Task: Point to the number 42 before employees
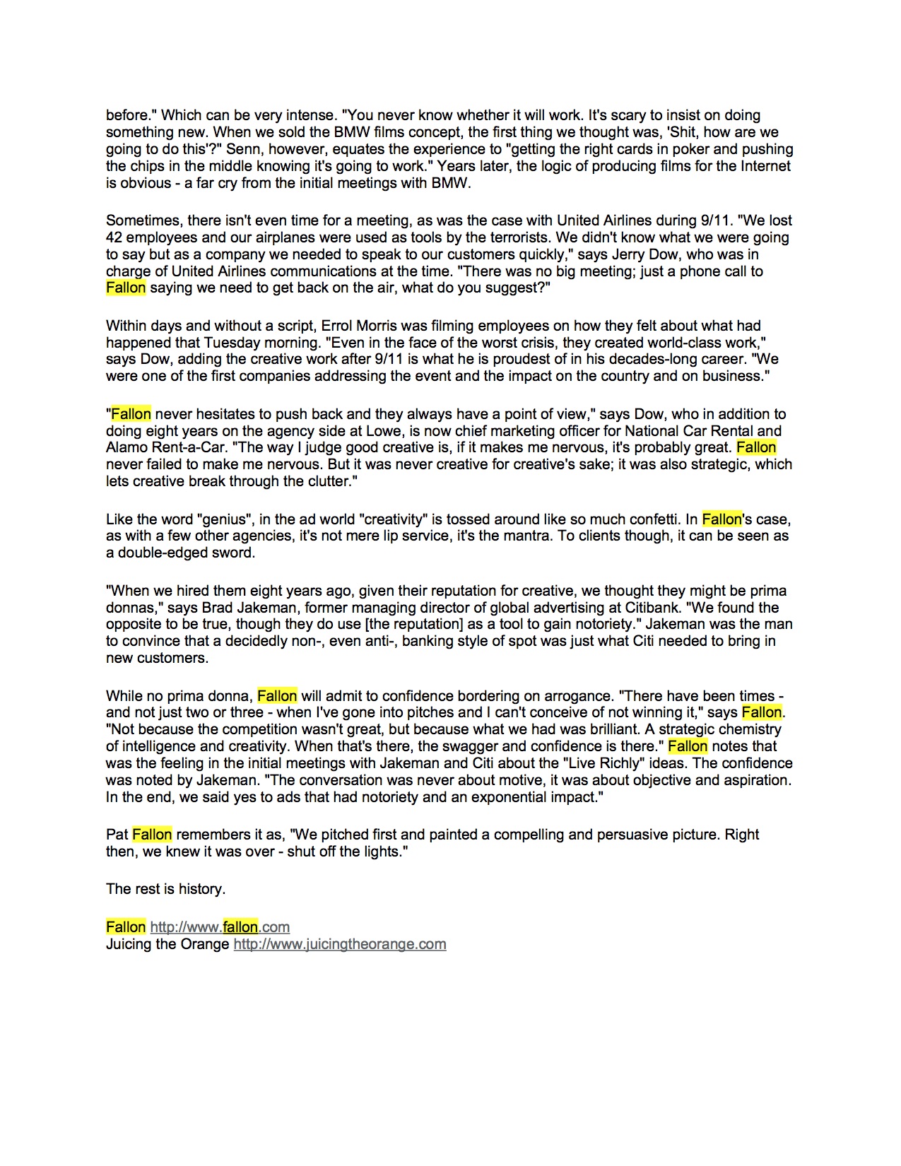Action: click(x=114, y=237)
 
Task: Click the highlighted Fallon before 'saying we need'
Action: click(x=126, y=288)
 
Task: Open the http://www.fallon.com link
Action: click(x=220, y=927)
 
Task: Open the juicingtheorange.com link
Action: click(x=340, y=944)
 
